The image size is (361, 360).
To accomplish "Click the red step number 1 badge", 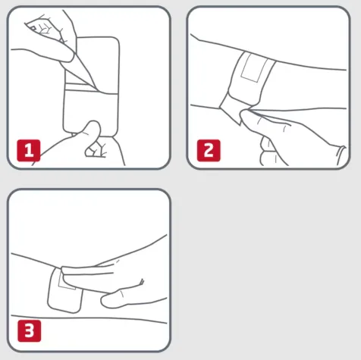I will click(28, 149).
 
